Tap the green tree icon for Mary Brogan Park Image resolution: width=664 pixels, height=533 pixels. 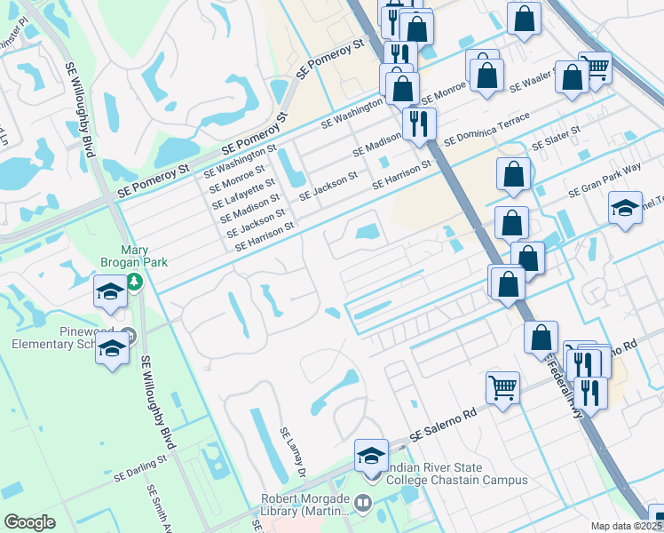pos(133,282)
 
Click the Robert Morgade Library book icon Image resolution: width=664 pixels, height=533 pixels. pos(363,504)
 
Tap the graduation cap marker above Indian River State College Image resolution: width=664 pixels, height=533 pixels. pos(371,457)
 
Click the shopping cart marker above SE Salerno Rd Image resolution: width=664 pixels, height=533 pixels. pos(502,388)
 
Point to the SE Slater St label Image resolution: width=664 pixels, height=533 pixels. pos(556,138)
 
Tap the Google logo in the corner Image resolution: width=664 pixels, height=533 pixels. pos(29,522)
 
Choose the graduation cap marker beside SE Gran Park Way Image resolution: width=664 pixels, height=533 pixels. pos(625,209)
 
